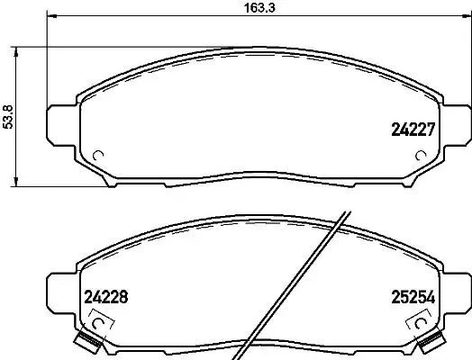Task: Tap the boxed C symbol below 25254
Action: (422, 318)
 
